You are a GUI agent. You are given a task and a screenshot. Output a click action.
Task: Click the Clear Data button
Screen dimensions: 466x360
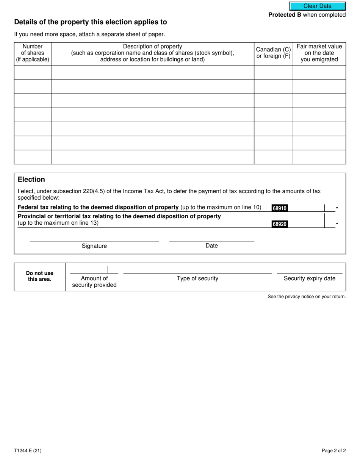point(318,6)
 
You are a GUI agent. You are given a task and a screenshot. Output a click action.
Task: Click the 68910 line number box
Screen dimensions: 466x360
point(280,208)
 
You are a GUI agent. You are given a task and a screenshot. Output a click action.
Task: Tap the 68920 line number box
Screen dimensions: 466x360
point(280,224)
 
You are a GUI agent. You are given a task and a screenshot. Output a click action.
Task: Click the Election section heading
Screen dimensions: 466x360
point(31,180)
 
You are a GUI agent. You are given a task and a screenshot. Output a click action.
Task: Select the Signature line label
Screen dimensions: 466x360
point(94,246)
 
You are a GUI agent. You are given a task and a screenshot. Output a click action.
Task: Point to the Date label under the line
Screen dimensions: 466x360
point(211,246)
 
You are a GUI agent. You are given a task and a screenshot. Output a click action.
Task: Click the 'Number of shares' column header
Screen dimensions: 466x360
point(33,53)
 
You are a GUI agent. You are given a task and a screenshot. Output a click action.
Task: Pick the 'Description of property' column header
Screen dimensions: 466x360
point(152,53)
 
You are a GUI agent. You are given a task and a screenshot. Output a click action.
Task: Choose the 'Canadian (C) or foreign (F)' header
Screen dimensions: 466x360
point(273,53)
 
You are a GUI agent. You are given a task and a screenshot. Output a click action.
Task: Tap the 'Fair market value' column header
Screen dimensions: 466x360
point(319,53)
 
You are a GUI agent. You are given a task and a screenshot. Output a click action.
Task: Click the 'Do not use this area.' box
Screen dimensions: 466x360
point(40,276)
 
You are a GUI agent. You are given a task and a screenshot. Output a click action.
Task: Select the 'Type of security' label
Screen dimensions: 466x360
point(197,278)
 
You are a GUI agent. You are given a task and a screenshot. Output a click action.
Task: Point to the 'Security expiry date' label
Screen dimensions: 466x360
point(310,278)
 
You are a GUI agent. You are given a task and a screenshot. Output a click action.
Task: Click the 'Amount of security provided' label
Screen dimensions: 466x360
point(94,281)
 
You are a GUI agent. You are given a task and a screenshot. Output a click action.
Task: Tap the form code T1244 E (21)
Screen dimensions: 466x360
point(28,451)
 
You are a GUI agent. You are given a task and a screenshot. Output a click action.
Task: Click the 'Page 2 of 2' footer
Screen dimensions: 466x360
point(333,451)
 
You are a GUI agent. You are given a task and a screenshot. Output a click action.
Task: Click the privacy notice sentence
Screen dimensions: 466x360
point(307,297)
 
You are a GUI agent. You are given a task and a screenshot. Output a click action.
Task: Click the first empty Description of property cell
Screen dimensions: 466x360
point(152,72)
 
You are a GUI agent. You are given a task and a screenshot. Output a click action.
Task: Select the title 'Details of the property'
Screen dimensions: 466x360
point(91,22)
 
